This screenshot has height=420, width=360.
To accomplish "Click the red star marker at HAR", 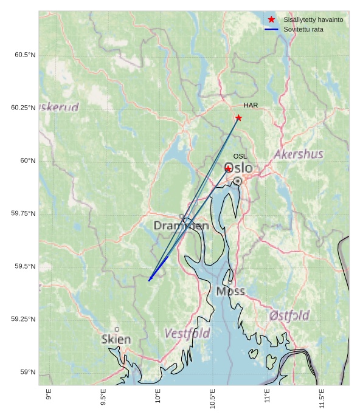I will click(x=238, y=117).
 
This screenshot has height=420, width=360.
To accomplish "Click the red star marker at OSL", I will click(x=228, y=168).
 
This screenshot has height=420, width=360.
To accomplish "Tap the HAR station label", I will click(x=251, y=105).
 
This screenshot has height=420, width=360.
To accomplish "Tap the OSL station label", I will click(x=240, y=156).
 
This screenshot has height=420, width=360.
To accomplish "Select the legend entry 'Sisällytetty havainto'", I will click(x=313, y=19).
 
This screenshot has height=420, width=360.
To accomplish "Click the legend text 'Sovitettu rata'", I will click(x=303, y=29).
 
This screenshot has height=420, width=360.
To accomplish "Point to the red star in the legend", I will click(x=271, y=19).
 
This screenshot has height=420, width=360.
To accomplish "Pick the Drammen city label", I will click(x=181, y=225).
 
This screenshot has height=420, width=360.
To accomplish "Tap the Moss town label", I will click(x=230, y=291).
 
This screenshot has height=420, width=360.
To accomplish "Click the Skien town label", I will click(x=116, y=339).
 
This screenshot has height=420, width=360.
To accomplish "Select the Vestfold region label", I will click(x=187, y=333).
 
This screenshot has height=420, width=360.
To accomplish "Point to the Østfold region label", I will click(x=289, y=315).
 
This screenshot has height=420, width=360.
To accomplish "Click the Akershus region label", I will click(x=299, y=154).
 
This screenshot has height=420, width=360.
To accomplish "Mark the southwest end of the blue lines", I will click(x=149, y=280).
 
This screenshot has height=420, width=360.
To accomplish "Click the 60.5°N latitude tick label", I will click(x=25, y=55).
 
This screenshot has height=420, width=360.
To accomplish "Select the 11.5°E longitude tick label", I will click(x=322, y=398).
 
